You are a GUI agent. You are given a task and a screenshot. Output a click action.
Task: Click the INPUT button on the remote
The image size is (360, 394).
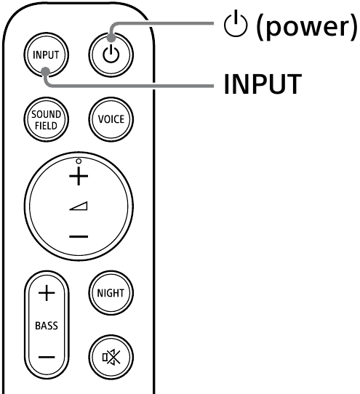click(x=45, y=55)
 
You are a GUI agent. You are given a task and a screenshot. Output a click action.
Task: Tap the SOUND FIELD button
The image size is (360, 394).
click(x=45, y=118)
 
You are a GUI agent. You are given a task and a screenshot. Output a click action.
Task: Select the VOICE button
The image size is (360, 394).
click(x=106, y=118)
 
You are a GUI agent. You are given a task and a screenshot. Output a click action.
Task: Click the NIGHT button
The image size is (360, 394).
click(x=106, y=294)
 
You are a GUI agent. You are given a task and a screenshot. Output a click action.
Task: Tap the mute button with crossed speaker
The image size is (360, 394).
click(x=106, y=355)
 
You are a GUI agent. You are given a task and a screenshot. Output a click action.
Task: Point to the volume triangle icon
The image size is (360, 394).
click(x=79, y=207)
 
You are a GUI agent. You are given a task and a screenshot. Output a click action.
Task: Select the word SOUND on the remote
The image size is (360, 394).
click(x=45, y=114)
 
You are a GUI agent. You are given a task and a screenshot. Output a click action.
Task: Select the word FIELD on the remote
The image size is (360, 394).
click(x=45, y=124)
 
